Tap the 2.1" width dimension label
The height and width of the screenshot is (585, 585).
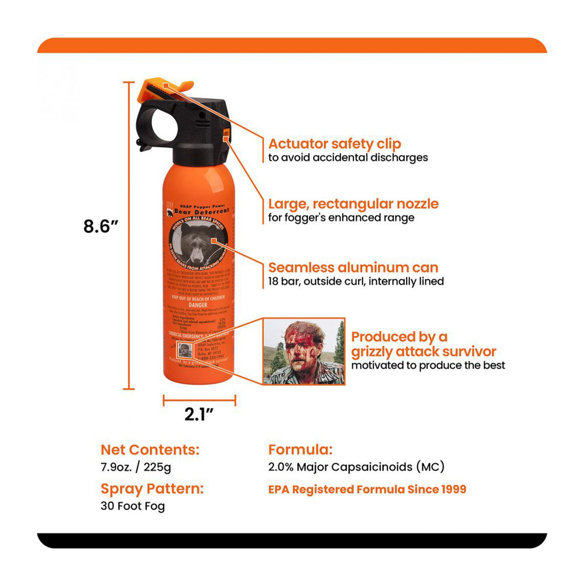pos(198,414)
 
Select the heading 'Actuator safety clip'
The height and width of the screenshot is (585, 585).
pos(335,144)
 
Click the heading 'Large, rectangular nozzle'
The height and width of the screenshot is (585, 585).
pos(353,204)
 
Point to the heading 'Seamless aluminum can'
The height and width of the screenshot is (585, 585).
pos(353,268)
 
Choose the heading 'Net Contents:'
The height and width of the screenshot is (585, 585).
pos(150,450)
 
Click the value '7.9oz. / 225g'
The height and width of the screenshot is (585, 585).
pos(136,467)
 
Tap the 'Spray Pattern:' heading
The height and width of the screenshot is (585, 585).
pos(152,488)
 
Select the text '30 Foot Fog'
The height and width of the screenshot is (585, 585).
pos(133,506)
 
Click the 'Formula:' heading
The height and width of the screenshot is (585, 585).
pos(301,450)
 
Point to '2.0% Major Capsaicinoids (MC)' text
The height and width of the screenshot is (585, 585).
pos(356,467)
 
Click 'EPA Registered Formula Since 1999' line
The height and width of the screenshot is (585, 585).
pos(367,489)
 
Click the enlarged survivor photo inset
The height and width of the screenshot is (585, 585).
pos(304,352)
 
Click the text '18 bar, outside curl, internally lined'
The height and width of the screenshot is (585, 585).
pos(356,281)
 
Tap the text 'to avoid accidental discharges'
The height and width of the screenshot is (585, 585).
pos(348,157)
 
